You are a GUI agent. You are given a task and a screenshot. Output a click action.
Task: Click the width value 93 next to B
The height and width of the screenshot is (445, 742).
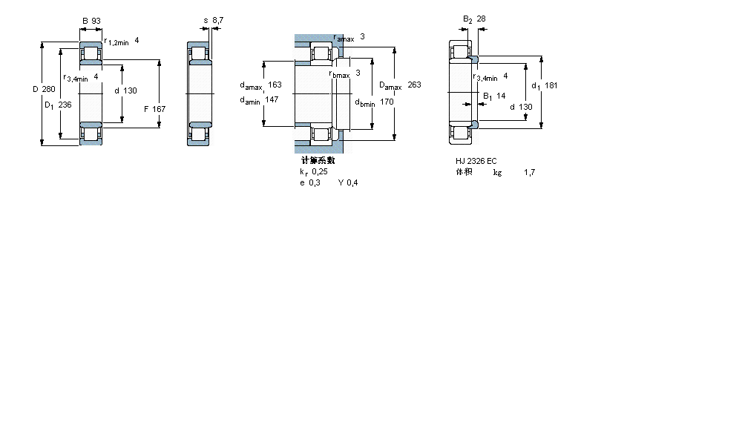pos(96,20)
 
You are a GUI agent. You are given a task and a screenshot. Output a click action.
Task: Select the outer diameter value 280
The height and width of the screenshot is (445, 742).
pos(48,90)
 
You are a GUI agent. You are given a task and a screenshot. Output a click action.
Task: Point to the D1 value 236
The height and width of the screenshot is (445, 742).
pos(65,105)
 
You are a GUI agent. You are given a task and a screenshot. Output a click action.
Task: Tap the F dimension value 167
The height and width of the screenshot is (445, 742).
pos(159,109)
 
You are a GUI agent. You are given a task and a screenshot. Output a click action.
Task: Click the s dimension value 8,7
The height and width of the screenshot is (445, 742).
pos(217,20)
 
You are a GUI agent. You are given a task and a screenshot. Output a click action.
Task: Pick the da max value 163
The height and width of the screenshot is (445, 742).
pos(275,85)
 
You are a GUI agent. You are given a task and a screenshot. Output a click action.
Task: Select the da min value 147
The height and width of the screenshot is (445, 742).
pos(272,99)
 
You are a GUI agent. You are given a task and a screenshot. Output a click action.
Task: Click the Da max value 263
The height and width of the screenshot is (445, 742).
pos(414,85)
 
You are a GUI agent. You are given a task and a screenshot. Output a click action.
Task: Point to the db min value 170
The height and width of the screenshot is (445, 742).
pos(387,102)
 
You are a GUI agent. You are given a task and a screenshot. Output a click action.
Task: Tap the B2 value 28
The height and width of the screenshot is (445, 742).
pos(481,19)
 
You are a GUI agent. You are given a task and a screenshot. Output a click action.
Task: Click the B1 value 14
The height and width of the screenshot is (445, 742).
pos(501,96)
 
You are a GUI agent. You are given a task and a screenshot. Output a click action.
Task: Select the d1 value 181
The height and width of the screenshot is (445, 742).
pos(551,85)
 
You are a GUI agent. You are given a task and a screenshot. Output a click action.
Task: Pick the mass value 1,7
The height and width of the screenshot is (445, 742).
pos(529,172)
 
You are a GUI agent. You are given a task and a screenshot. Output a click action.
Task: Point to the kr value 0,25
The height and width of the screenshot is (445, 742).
pos(319,171)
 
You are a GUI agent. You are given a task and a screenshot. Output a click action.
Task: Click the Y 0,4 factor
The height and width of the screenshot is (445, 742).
pos(348,183)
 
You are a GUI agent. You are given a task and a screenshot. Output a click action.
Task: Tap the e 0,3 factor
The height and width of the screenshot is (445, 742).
pos(310,183)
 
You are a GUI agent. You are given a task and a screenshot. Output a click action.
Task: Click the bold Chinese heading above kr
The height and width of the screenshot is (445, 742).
pos(318,160)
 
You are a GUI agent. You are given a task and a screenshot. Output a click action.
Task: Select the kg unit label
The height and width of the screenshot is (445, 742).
pos(497,172)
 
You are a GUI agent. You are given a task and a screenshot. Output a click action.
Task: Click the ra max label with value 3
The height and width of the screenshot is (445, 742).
pos(349,37)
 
